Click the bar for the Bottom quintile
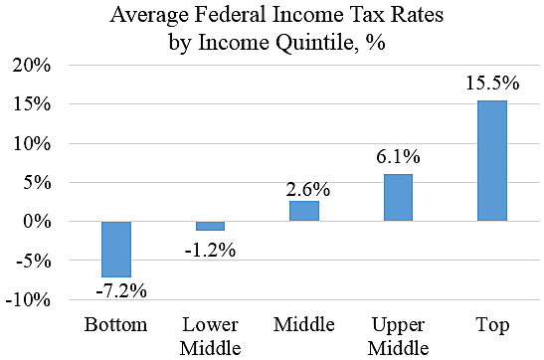[x=117, y=249]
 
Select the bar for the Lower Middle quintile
[x=210, y=226]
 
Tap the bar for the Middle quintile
[x=303, y=211]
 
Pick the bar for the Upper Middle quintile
[x=398, y=197]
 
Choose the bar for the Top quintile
[x=491, y=160]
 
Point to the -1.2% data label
[x=210, y=249]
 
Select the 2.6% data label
[x=303, y=186]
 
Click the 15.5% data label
[x=491, y=84]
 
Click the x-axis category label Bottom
[x=116, y=325]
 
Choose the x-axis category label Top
[x=491, y=325]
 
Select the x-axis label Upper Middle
[x=398, y=336]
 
